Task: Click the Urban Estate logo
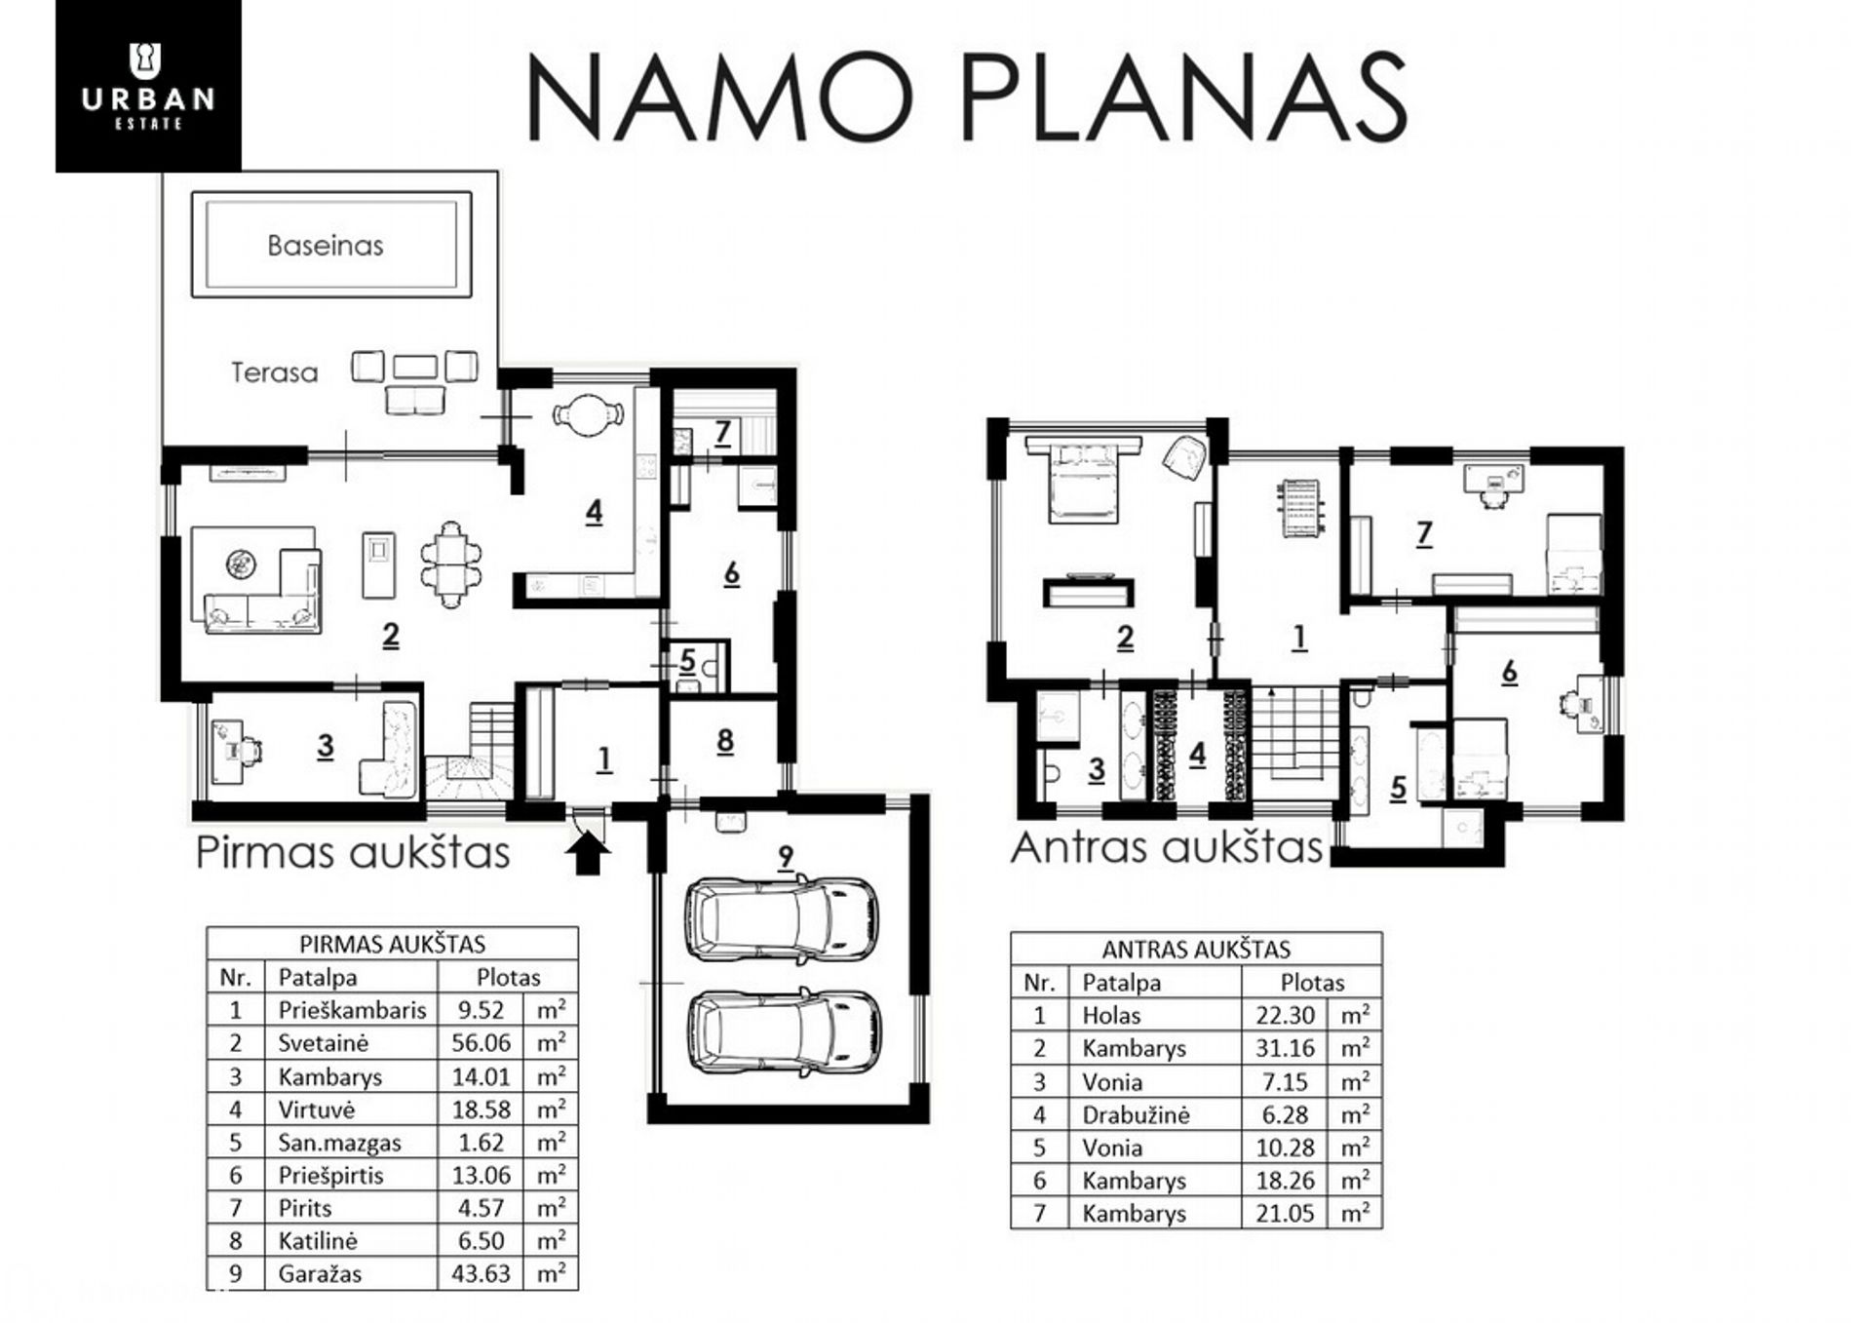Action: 148,86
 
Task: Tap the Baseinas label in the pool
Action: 326,246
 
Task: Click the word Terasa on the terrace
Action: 274,372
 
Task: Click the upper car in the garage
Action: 782,919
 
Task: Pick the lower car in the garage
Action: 784,1033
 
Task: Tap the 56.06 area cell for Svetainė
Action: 481,1043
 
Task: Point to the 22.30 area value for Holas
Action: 1285,1015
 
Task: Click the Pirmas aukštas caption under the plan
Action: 353,852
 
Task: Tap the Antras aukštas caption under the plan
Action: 1167,847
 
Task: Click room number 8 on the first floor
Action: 724,741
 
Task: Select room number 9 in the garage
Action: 786,857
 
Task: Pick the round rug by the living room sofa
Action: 240,564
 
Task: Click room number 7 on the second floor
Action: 1424,533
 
